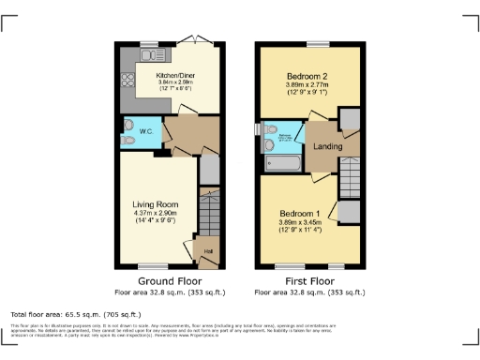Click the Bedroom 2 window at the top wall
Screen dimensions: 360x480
(x=315, y=44)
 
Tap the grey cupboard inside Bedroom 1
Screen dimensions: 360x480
(x=349, y=212)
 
